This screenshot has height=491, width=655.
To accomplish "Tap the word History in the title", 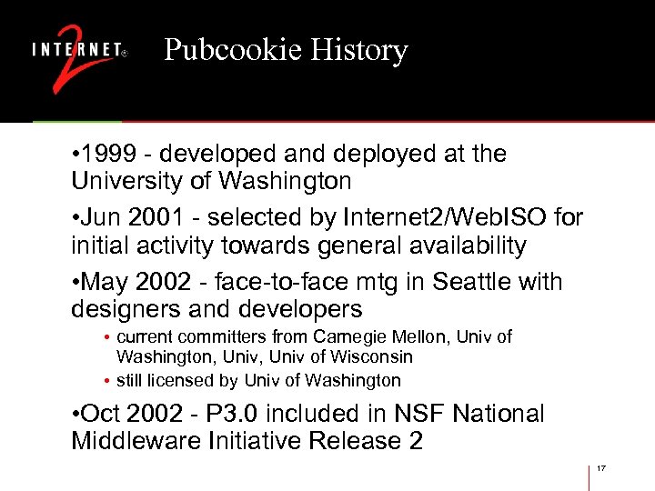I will coord(358,50).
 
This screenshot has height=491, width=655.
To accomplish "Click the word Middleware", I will coord(137,442).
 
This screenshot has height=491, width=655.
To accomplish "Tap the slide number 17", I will coord(601,468).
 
